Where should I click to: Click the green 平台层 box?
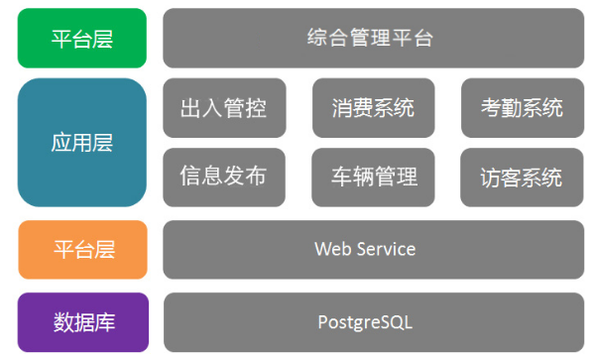pos(81,39)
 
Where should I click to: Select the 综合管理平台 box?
pos(373,39)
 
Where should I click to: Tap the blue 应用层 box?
pos(81,142)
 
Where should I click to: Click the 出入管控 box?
pos(223,107)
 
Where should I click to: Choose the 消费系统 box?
pos(373,107)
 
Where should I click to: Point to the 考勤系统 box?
pos(522,107)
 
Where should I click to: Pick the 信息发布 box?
pos(223,177)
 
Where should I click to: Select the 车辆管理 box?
pos(373,177)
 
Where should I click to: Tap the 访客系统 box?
pos(522,177)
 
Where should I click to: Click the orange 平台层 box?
pos(81,249)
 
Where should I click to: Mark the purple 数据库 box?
pos(81,321)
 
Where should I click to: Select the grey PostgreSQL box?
pos(373,321)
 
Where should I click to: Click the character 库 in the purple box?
pos(103,321)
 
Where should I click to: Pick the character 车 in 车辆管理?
pos(342,177)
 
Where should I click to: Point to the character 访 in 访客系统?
pos(491,178)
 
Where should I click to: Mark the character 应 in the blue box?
pos(60,142)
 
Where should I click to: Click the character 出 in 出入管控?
pos(191,107)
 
